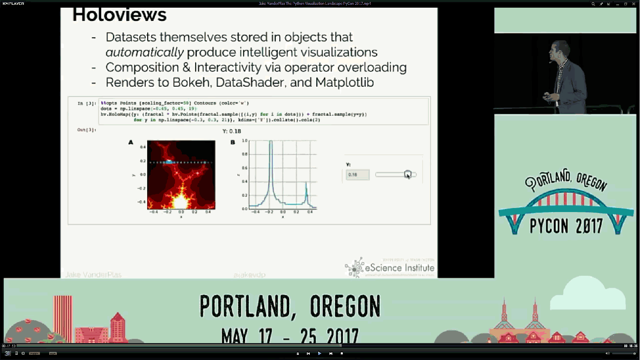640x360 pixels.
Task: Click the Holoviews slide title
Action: pos(119,15)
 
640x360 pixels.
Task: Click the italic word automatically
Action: pos(144,52)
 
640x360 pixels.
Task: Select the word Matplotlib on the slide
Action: pos(344,82)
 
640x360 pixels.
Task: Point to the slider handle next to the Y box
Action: pos(408,174)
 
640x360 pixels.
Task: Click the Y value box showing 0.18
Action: pos(357,175)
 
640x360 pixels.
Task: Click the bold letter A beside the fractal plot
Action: pos(131,142)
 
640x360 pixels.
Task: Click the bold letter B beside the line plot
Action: pos(233,142)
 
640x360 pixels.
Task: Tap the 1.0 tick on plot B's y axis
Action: pos(244,141)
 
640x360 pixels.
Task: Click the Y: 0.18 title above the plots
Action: pos(231,131)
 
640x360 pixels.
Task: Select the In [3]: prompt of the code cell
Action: pos(87,104)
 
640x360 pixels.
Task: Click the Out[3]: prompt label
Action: pos(87,130)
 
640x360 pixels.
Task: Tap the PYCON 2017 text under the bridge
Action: pos(566,226)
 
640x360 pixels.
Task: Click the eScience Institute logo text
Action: pos(399,268)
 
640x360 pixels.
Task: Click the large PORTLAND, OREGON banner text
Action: pos(290,306)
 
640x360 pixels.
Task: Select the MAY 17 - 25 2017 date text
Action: pos(290,335)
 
